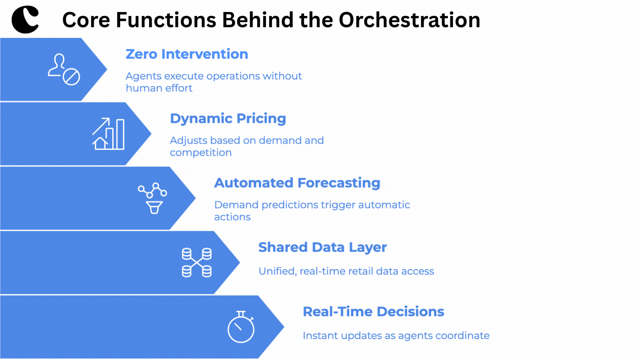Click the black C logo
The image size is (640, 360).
(x=25, y=19)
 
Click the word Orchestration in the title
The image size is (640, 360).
(x=409, y=20)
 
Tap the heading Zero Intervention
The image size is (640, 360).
(x=187, y=54)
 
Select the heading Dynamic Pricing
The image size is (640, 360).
(x=228, y=119)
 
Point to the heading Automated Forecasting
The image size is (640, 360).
(x=297, y=183)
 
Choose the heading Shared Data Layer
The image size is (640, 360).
(x=322, y=247)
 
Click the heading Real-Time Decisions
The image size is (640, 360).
(x=373, y=312)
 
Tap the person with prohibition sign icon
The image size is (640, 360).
(x=64, y=69)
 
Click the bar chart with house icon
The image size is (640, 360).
(x=108, y=134)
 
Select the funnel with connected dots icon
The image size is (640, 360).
(x=153, y=198)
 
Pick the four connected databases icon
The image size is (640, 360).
(x=197, y=262)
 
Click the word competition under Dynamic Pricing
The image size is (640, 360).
(x=201, y=153)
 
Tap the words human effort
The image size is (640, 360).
(x=159, y=88)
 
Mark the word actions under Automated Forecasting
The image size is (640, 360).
(x=232, y=217)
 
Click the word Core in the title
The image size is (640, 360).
(x=86, y=20)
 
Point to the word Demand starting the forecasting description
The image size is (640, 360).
(x=236, y=205)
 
